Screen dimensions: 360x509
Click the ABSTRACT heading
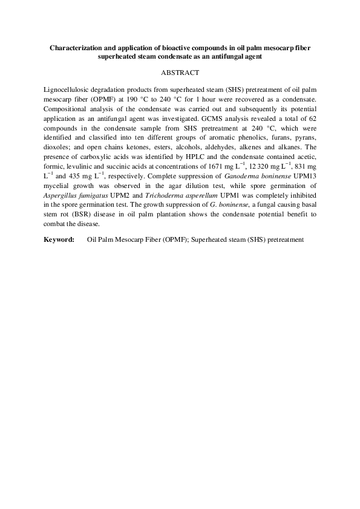[180, 73]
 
